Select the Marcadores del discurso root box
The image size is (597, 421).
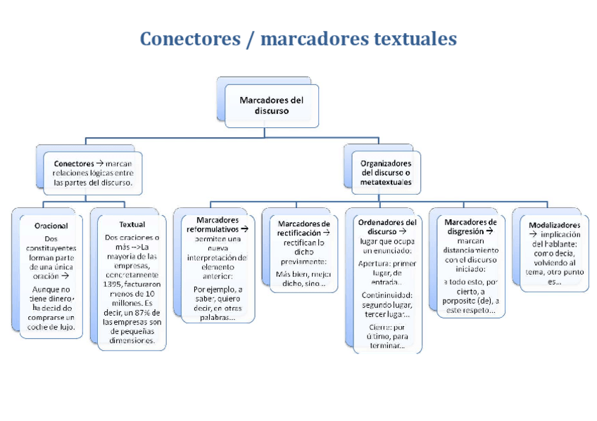[x=271, y=105]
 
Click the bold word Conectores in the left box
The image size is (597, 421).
[x=74, y=163]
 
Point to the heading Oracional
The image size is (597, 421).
[x=51, y=226]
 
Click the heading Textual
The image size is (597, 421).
[x=132, y=225]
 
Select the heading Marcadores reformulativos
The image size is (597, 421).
[x=215, y=224]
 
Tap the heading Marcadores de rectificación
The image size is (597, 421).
[x=303, y=228]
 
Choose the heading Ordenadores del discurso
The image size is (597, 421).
[x=387, y=226]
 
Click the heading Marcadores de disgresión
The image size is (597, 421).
[x=471, y=226]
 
